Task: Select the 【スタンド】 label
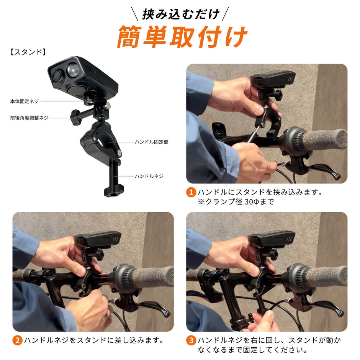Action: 28,52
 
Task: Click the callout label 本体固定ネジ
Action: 25,101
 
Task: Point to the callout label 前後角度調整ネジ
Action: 29,118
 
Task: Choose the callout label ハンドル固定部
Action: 152,142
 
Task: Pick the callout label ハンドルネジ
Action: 149,176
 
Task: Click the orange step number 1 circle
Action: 191,192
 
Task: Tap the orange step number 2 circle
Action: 18,340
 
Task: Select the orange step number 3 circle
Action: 191,340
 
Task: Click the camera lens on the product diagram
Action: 56,75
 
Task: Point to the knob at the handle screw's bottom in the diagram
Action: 113,191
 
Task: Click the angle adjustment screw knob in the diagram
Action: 75,117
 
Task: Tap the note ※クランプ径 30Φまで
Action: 236,202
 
